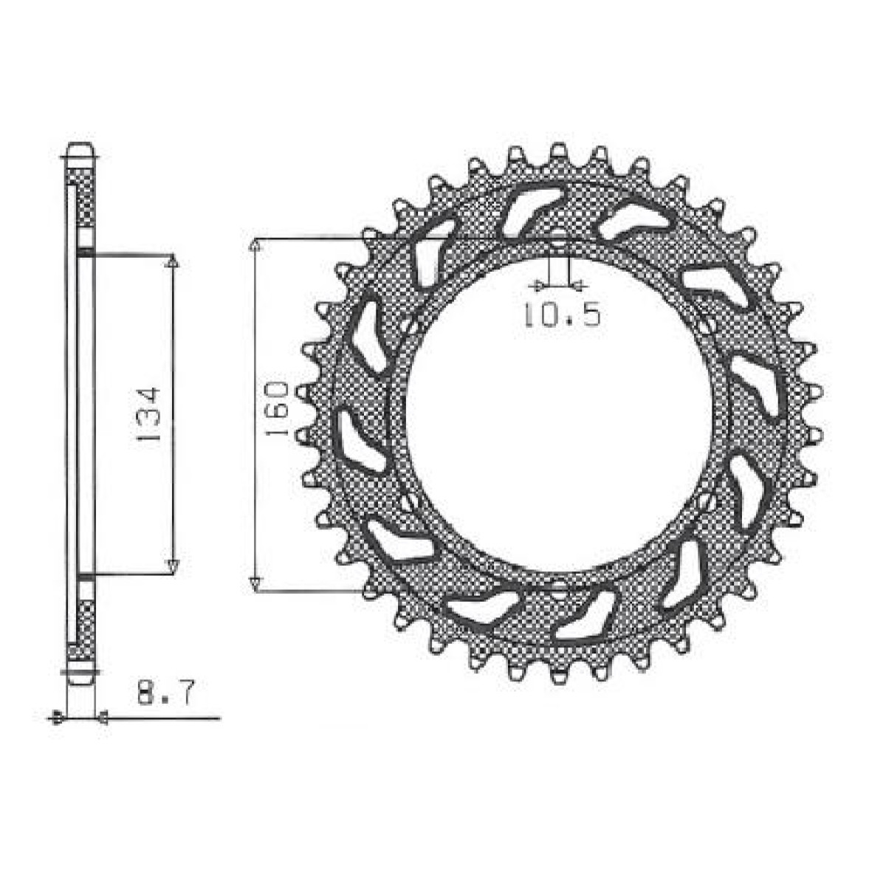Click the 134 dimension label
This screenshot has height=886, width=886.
coord(148,415)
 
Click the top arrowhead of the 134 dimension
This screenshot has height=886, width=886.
coord(173,262)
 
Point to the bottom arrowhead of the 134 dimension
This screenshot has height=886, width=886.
coord(173,567)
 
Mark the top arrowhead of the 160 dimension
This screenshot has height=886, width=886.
coord(254,246)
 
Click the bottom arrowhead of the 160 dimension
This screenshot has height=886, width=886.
coord(254,584)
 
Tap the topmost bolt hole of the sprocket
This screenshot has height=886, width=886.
coord(559,240)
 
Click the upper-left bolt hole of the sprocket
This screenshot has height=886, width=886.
coord(410,325)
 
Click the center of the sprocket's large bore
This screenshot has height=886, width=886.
coord(559,414)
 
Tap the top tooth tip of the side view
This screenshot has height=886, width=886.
coord(80,148)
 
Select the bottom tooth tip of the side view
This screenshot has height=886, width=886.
coord(80,678)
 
